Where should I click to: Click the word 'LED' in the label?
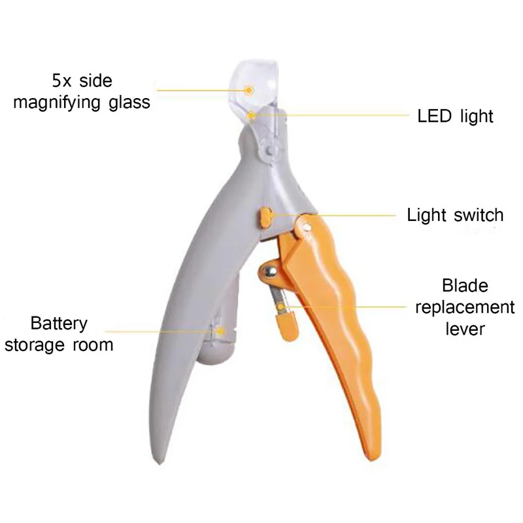tap(435, 116)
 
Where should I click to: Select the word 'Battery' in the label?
tap(58, 324)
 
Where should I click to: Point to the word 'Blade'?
tap(465, 286)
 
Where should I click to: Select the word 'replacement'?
tap(465, 307)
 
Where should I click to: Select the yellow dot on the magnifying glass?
tap(249, 90)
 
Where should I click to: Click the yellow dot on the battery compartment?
tap(220, 331)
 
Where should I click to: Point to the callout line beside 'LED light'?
tap(340, 116)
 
